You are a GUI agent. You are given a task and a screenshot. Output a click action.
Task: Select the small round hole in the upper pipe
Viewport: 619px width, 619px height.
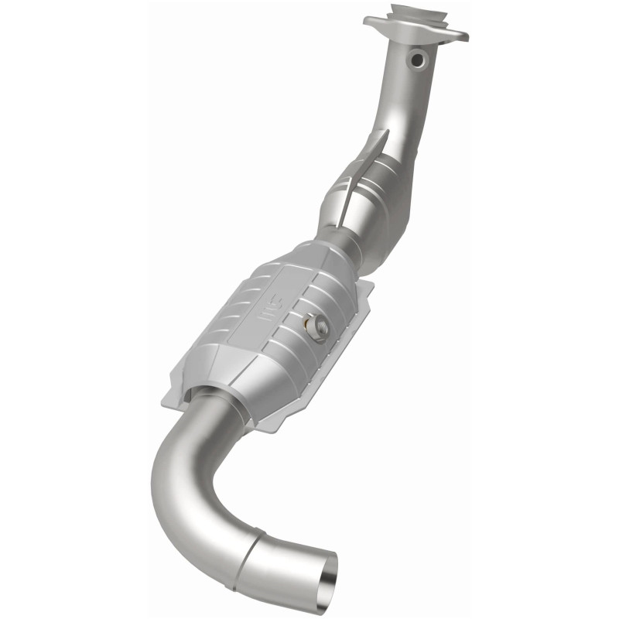point(419,58)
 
